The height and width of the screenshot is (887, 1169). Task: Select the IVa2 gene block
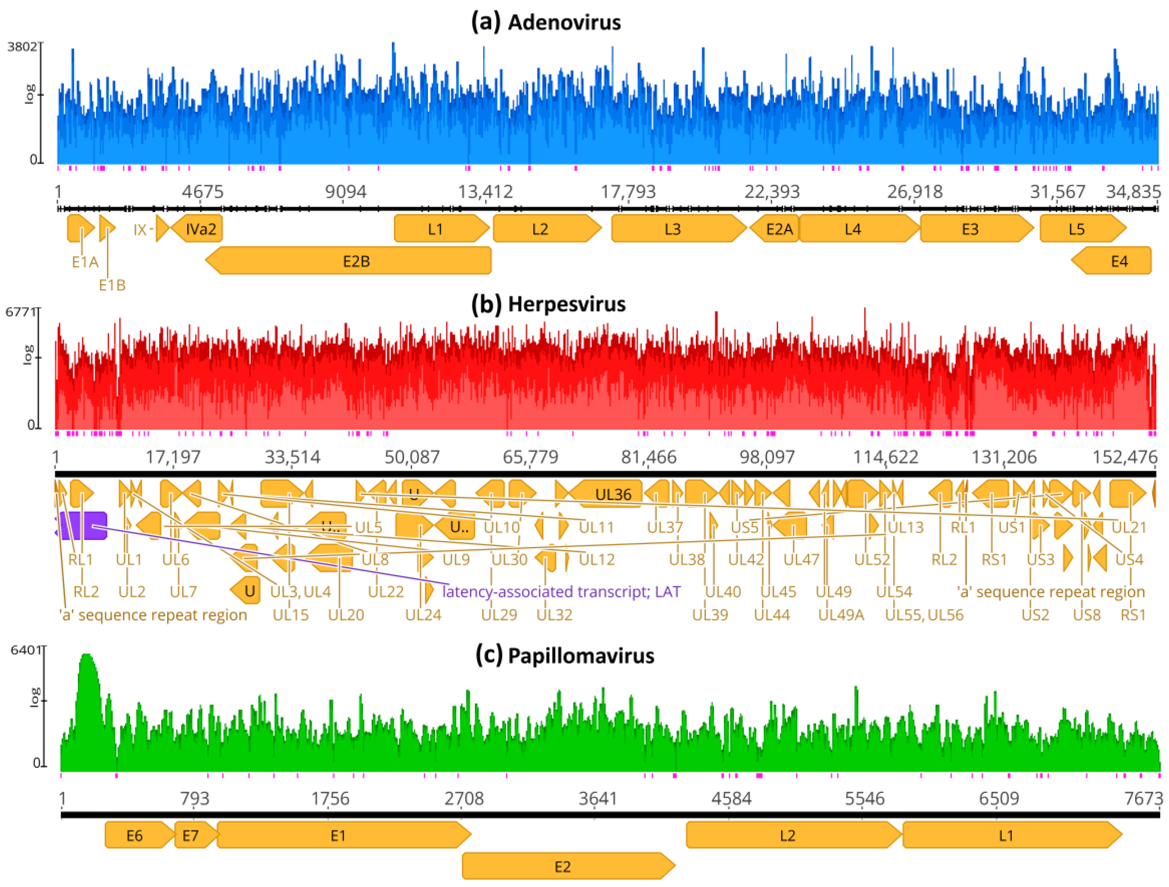(200, 229)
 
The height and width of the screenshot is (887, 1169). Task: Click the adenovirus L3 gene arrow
(672, 229)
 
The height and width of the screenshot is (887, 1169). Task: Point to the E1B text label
(112, 285)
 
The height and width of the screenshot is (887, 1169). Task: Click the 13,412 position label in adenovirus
(485, 192)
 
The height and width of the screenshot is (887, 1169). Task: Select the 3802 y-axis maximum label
(22, 47)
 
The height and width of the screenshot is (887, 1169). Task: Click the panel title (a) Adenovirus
(546, 22)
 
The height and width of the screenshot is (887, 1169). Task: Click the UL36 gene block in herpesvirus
(613, 494)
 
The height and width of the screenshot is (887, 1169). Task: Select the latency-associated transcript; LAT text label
(561, 592)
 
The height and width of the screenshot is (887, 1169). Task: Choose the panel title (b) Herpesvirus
(548, 304)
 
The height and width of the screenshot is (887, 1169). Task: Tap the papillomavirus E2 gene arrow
(563, 867)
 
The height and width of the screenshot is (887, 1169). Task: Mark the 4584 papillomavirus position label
(731, 798)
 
